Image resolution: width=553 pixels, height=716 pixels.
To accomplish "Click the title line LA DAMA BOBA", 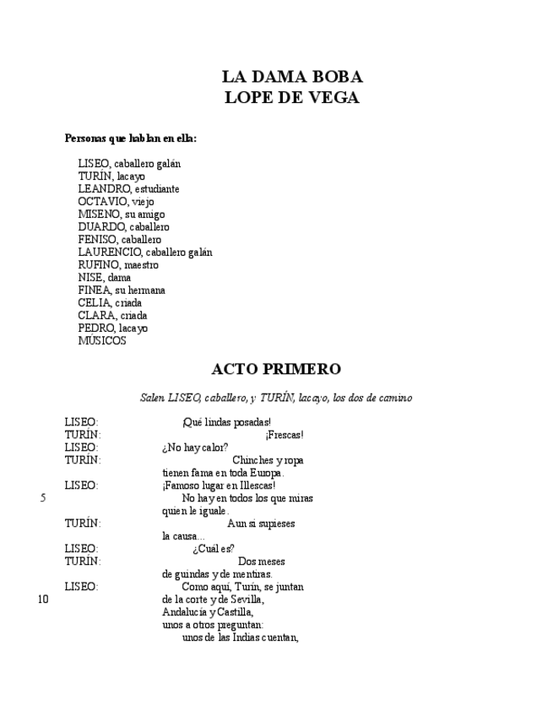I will coord(292,79).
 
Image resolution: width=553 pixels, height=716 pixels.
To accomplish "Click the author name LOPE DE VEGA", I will coord(292,98).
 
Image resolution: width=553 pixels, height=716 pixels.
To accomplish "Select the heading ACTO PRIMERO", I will coord(276,369).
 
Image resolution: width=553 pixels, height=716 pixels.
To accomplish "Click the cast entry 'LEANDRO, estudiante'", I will coord(128,189).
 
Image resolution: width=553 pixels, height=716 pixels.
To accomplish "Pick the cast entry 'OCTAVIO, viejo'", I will coord(116,202).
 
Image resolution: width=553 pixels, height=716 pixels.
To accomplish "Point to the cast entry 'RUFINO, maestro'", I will coord(118,265).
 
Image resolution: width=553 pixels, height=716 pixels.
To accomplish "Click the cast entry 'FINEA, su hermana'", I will coord(122,290).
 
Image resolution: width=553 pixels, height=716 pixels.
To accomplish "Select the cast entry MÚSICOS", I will coord(102,341).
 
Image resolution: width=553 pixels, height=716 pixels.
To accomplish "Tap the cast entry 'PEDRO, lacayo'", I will coord(112,328).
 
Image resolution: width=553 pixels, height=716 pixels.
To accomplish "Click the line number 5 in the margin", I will coord(42,498).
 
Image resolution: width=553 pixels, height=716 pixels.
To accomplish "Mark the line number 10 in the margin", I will coord(44,599).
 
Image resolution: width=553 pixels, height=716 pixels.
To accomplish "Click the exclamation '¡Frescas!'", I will coord(284,435).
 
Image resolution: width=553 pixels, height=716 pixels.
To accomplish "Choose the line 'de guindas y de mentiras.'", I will coord(217,574).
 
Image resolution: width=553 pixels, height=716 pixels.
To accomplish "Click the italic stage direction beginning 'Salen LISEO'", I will coord(276,397).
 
